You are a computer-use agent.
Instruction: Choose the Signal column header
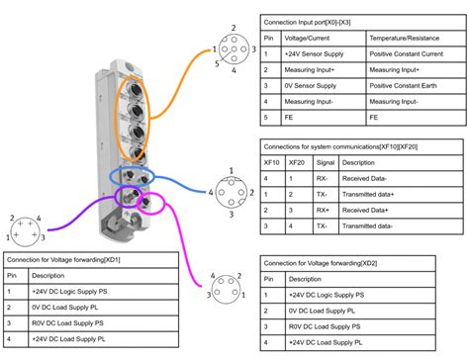326,162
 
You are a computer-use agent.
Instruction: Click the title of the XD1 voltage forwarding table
74,260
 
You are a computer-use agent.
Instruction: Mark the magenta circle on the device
149,204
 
